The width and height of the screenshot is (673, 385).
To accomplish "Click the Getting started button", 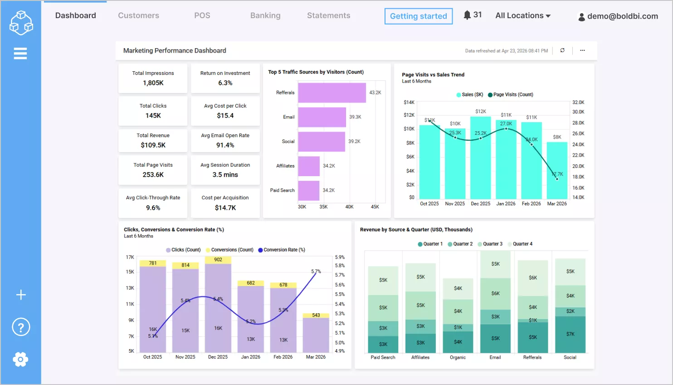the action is click(x=418, y=16).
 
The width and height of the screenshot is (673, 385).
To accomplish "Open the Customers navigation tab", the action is click(x=138, y=15).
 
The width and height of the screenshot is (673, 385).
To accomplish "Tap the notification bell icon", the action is click(x=467, y=15).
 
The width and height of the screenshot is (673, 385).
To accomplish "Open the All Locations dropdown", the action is click(x=523, y=15).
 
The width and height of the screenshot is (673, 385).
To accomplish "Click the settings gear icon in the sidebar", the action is click(x=20, y=359).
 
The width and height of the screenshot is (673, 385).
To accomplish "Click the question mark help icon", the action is click(x=21, y=327).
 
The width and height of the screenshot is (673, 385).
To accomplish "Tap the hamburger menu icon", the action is click(x=20, y=54).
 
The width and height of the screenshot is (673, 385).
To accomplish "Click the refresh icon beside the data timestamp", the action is click(x=562, y=50).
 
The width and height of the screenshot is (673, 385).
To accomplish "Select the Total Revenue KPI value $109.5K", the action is click(x=153, y=145).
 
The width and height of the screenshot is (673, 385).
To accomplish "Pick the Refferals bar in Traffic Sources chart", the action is click(x=332, y=93).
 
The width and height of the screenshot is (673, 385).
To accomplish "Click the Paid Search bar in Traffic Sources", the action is click(x=308, y=190).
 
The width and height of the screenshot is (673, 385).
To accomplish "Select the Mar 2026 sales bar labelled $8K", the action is click(x=557, y=171).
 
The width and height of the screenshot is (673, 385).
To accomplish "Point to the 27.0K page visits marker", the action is click(x=506, y=129).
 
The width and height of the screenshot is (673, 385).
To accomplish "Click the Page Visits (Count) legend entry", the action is click(x=511, y=94).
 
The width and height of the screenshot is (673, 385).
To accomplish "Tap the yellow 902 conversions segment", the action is click(x=218, y=260).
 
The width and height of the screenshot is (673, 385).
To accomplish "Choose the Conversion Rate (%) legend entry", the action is click(x=282, y=250).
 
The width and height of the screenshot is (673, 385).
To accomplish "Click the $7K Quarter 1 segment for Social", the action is click(x=570, y=334).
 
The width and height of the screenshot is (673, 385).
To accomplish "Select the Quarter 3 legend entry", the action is click(x=490, y=244).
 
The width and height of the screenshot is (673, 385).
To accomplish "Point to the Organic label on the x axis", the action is click(x=458, y=357).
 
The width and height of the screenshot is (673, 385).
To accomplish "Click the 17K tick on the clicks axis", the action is click(x=130, y=257).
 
